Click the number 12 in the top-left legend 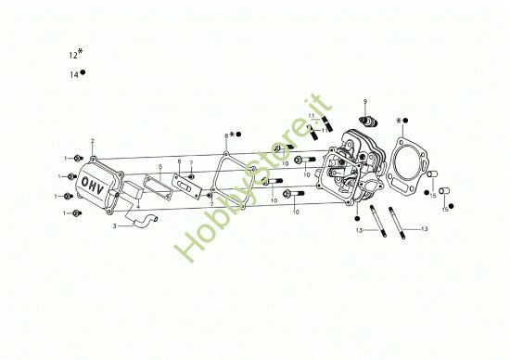click(x=72, y=56)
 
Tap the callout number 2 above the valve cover click(x=93, y=141)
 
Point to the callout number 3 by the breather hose click(x=114, y=225)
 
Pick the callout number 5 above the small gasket click(x=159, y=167)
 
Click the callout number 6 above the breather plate click(x=179, y=161)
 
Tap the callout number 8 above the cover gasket click(x=225, y=135)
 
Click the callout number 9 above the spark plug click(x=365, y=100)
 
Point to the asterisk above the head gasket click(x=399, y=121)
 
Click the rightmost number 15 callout click(x=444, y=209)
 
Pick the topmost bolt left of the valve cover click(x=78, y=159)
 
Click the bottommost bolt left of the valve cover click(x=77, y=213)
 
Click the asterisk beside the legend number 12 click(x=81, y=52)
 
